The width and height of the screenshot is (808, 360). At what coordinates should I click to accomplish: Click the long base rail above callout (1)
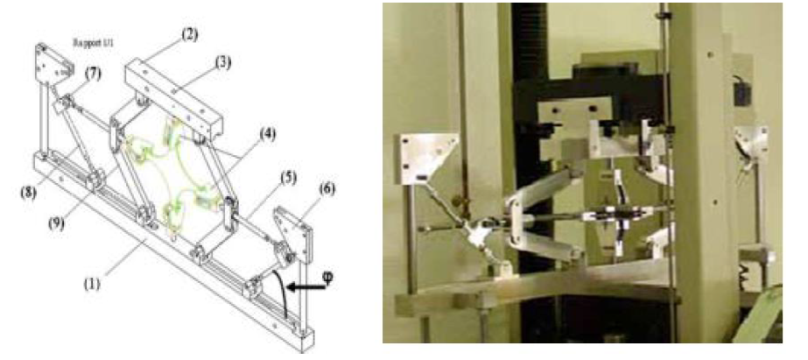point(166,254)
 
